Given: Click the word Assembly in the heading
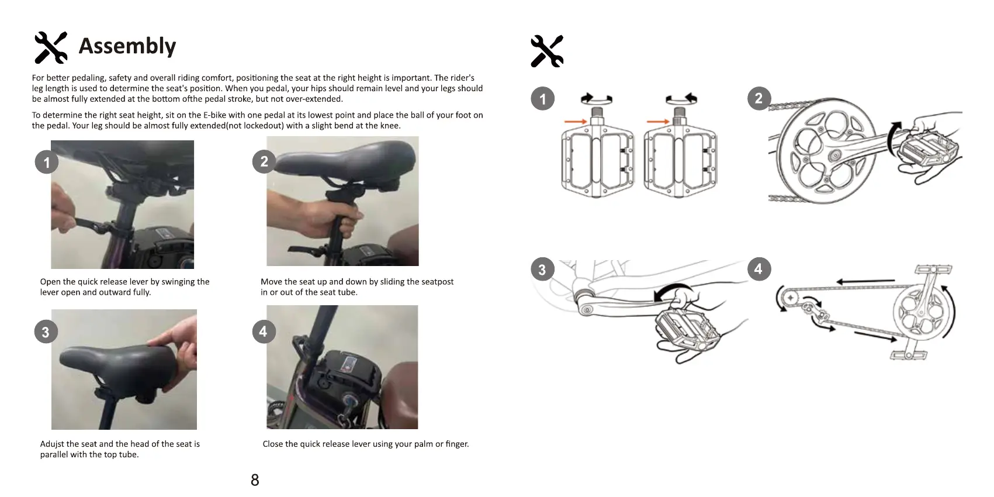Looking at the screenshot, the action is click(x=127, y=46).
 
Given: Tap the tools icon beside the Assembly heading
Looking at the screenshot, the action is click(x=51, y=47).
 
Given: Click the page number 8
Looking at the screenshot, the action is click(x=255, y=480).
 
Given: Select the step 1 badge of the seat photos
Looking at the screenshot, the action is click(x=47, y=162).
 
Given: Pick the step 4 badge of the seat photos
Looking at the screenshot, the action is click(x=264, y=332).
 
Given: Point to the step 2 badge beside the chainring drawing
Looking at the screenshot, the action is click(x=759, y=99).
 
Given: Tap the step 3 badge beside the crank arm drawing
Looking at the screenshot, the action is click(x=542, y=270).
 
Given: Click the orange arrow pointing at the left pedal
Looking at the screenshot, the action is click(x=576, y=122).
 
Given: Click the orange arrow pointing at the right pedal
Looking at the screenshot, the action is click(x=658, y=122).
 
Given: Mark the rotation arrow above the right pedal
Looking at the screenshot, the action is click(x=681, y=99).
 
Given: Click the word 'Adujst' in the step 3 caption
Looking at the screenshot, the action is click(x=52, y=444).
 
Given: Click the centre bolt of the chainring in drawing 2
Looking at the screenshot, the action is click(x=834, y=155).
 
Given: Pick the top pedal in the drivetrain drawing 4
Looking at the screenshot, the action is click(x=934, y=269).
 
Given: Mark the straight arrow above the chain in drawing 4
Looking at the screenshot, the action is click(x=865, y=281).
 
